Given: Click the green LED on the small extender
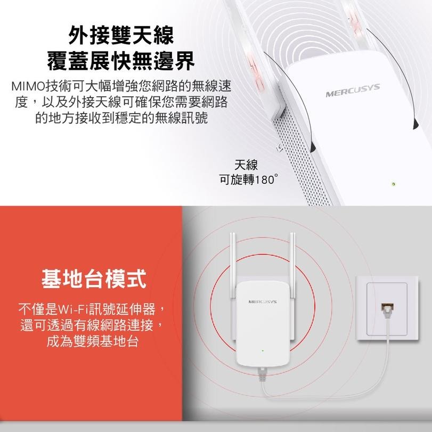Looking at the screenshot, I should [262, 351].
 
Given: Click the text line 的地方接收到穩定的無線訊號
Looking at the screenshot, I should [121, 117].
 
